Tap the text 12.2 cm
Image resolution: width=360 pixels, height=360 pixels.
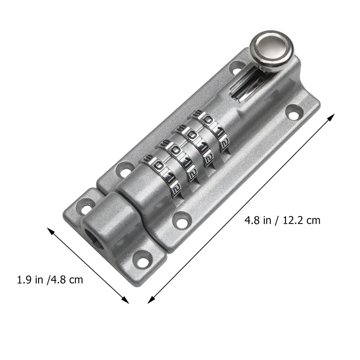pyautogui.click(x=301, y=221)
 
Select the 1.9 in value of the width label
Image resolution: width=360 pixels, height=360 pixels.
pyautogui.click(x=30, y=280)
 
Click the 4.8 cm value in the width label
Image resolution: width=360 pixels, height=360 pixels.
pyautogui.click(x=66, y=280)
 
